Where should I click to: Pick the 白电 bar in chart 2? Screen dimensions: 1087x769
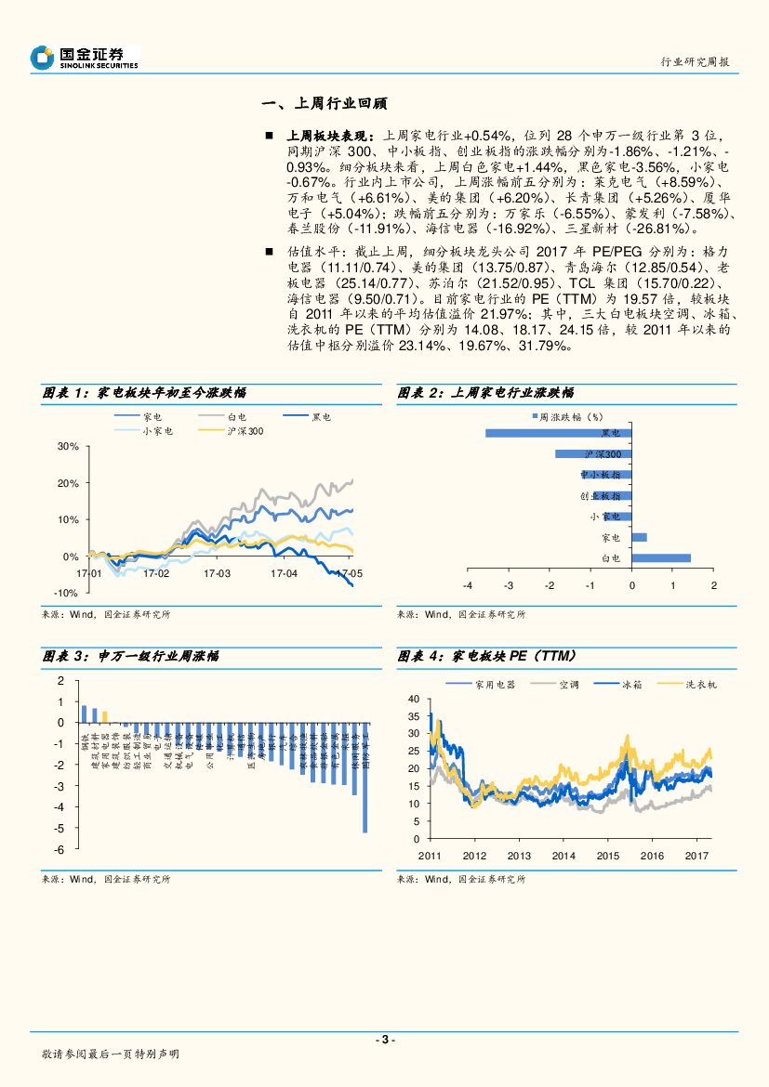coord(661,557)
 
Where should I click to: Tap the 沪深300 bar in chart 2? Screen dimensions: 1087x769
coord(592,453)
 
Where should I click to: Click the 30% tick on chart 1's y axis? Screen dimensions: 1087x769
coord(67,446)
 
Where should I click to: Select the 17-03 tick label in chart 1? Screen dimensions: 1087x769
coord(217,573)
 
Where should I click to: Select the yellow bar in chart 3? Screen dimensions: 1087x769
coord(104,716)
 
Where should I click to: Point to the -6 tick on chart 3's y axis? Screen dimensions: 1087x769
coord(60,849)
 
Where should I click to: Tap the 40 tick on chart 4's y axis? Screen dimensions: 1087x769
coord(415,698)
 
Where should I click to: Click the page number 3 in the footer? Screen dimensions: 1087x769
coord(384,1040)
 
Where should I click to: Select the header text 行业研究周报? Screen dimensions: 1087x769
coord(694,62)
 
